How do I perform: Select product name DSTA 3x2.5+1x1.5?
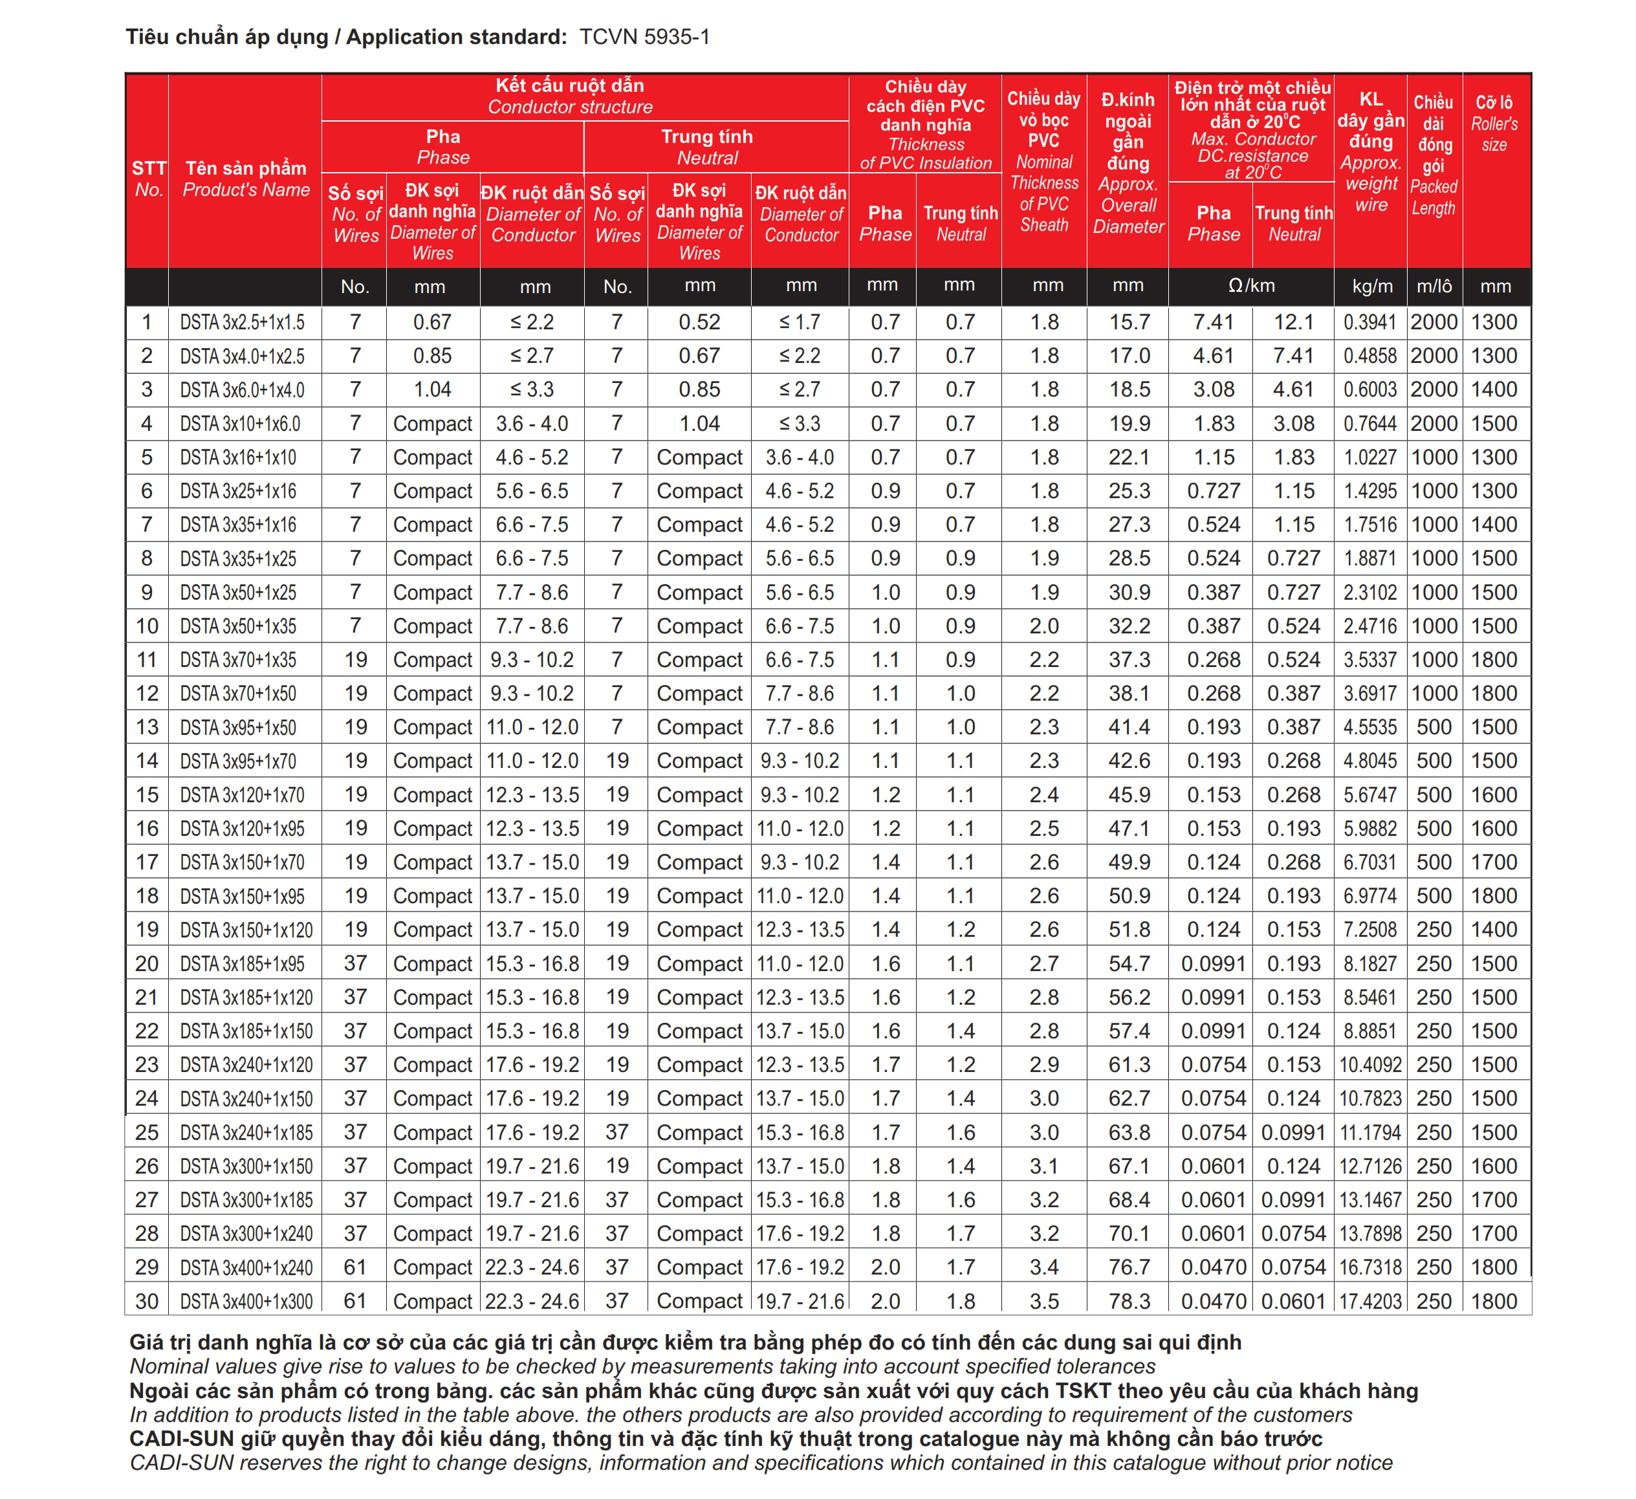(243, 322)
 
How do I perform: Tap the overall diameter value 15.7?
(1129, 322)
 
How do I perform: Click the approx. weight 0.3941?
(1370, 322)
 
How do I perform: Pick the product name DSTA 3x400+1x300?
(246, 1302)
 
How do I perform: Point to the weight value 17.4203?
(1370, 1302)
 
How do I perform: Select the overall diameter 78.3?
(1129, 1302)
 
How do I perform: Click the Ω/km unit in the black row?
(1250, 286)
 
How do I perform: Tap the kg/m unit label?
(1371, 287)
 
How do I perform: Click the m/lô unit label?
(1434, 287)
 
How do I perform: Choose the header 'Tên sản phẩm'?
(246, 168)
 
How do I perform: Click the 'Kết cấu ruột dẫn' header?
(570, 86)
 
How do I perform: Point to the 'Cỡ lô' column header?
(1494, 103)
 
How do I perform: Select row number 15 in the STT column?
(147, 795)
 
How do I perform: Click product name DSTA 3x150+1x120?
(246, 930)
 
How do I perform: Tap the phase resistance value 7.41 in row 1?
(1213, 322)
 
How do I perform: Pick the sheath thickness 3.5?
(1044, 1302)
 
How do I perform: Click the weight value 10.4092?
(1370, 1065)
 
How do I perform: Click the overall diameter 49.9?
(1129, 862)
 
